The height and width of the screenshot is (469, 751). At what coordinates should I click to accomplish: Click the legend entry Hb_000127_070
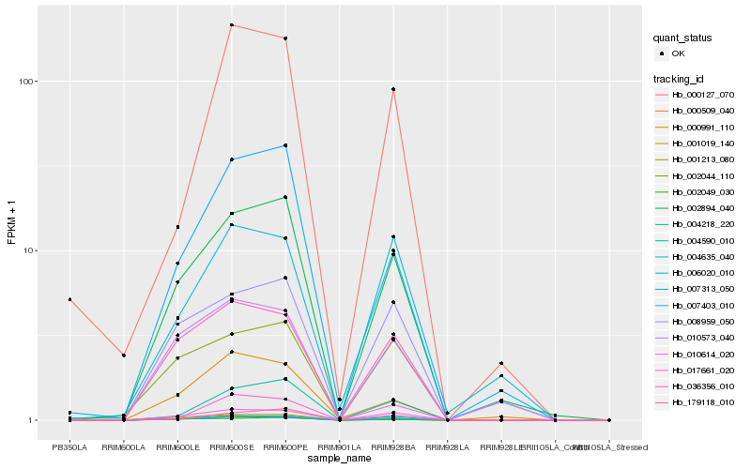[x=703, y=95]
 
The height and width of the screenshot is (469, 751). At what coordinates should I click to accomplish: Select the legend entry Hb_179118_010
[x=703, y=402]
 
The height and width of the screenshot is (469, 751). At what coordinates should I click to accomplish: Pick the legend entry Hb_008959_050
[x=703, y=321]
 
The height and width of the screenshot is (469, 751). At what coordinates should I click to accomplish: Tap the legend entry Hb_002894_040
[x=703, y=208]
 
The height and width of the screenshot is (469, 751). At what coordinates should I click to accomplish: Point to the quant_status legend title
[x=683, y=38]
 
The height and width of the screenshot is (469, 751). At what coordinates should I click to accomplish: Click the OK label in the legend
[x=678, y=53]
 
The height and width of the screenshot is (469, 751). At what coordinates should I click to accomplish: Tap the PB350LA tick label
[x=69, y=447]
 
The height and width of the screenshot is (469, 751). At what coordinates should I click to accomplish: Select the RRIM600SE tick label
[x=231, y=447]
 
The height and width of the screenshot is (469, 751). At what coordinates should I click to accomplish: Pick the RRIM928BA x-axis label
[x=393, y=447]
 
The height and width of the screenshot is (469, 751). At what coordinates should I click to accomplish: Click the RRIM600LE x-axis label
[x=177, y=447]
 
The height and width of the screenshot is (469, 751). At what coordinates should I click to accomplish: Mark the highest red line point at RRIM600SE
[x=231, y=25]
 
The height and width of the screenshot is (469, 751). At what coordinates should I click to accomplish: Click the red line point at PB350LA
[x=69, y=299]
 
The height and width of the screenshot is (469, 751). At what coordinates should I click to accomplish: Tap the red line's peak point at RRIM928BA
[x=393, y=89]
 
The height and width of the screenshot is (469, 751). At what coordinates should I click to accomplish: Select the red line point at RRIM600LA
[x=124, y=356]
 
